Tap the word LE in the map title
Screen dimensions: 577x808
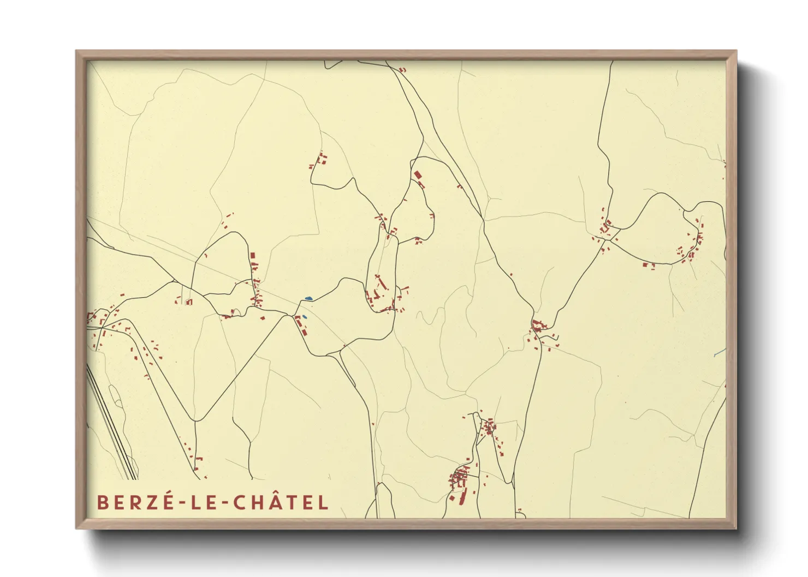pos(200,502)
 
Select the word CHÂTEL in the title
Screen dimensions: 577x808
pos(281,502)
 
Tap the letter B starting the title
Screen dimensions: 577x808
pos(102,502)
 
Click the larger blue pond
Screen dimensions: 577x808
pos(308,298)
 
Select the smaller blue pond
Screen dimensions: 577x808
pos(304,316)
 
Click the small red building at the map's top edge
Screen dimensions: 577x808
pos(403,70)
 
